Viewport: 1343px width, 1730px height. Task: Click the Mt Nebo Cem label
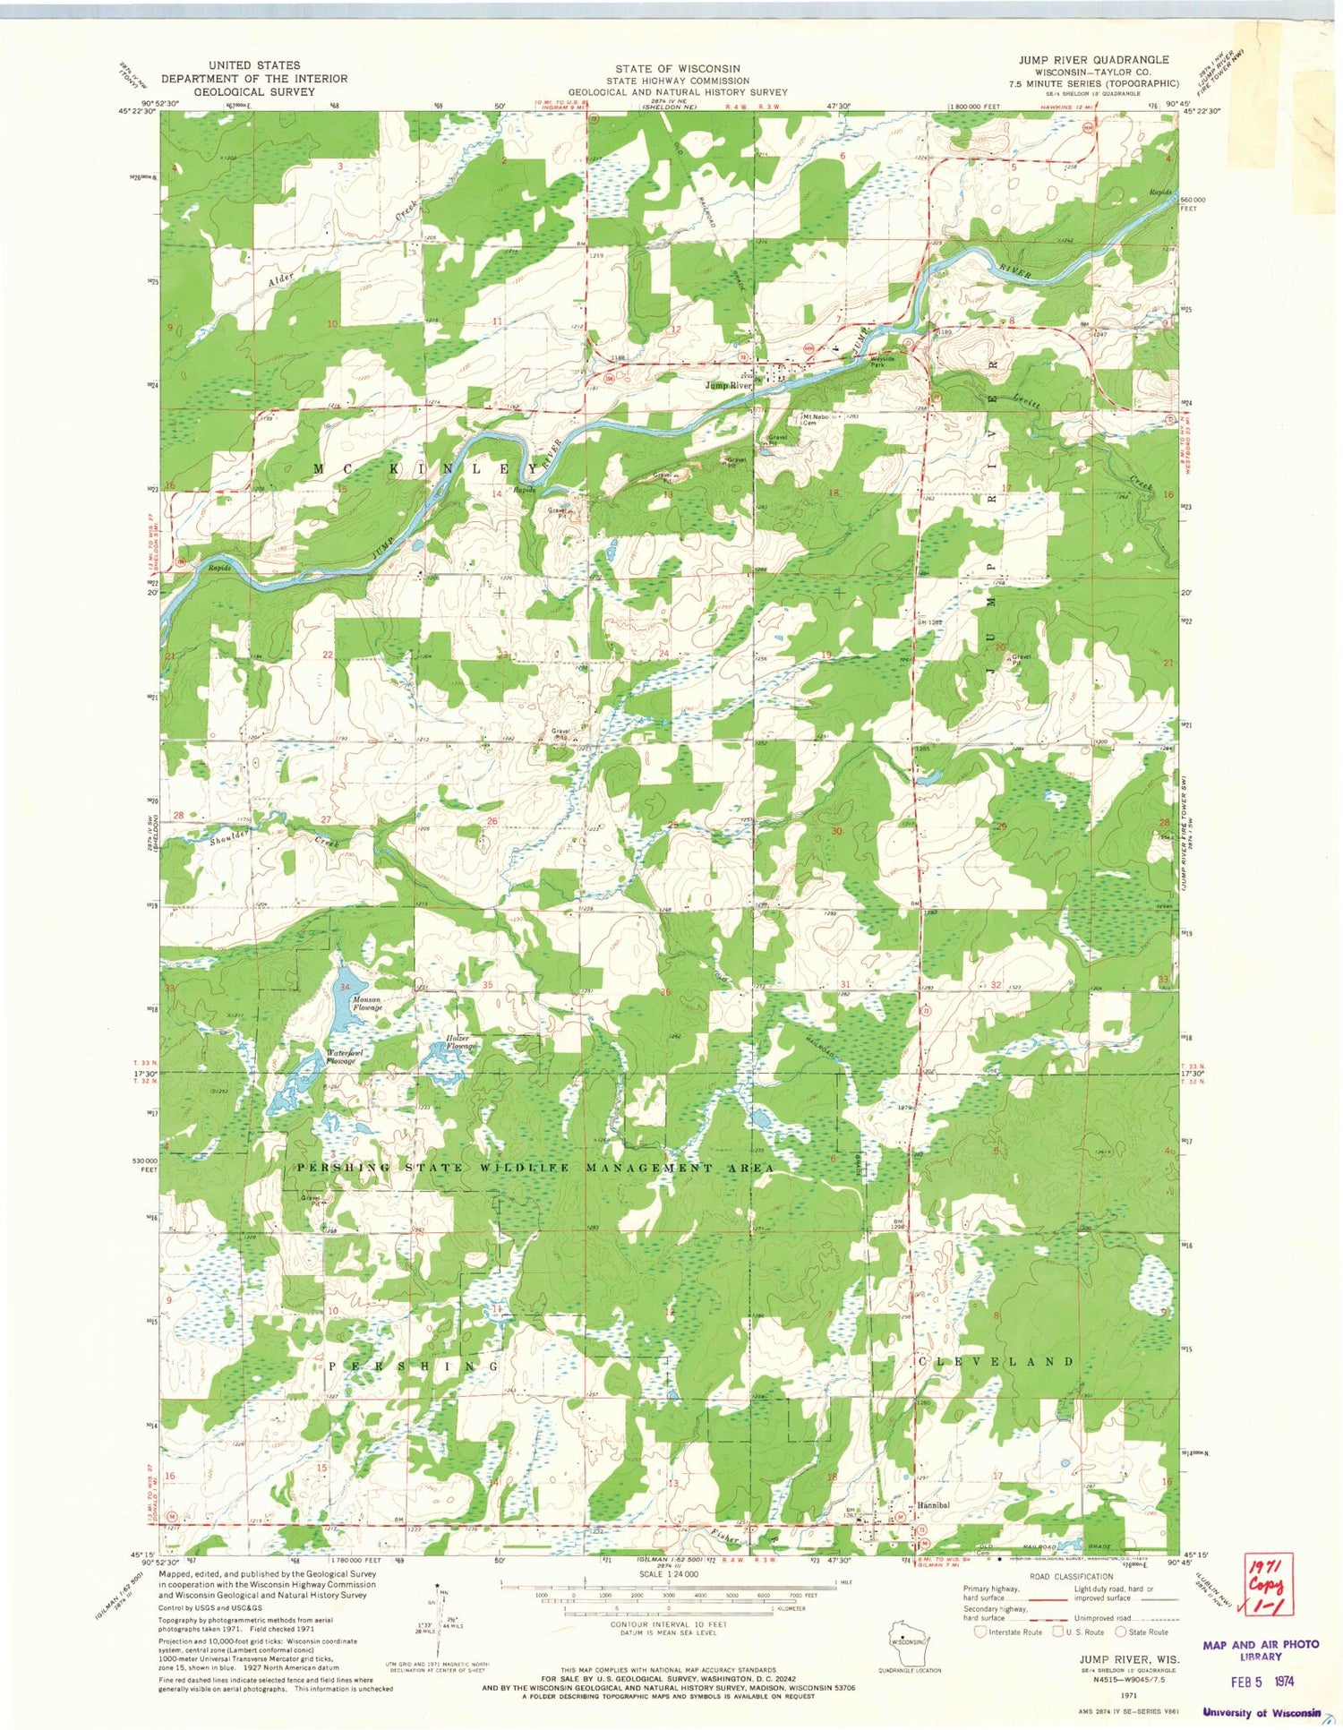click(813, 419)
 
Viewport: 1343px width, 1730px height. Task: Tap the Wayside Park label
click(865, 363)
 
